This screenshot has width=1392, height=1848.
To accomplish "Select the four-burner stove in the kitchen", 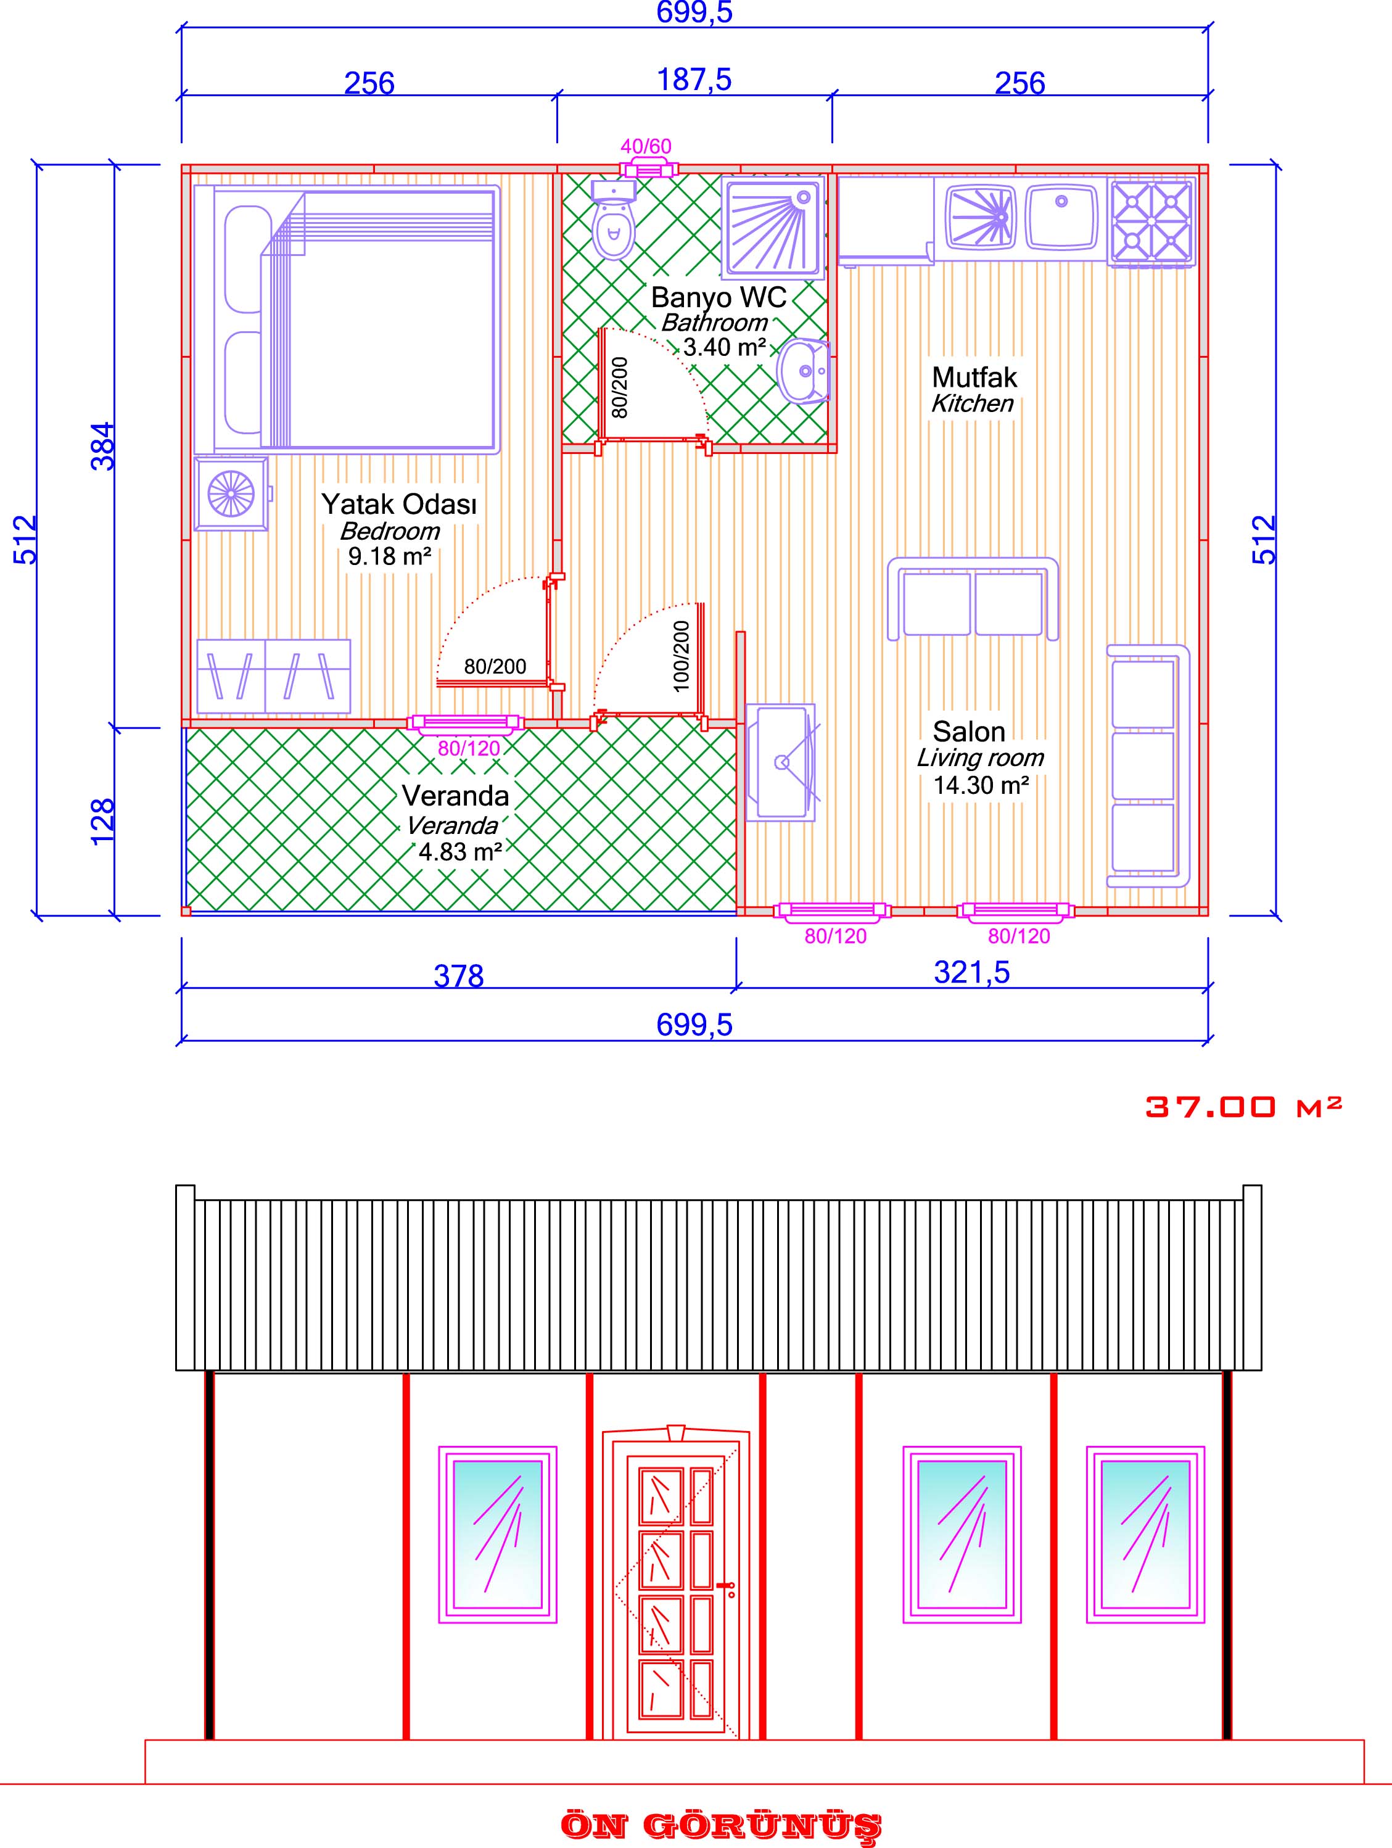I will click(1150, 221).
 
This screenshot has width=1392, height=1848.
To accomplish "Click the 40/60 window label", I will click(646, 147).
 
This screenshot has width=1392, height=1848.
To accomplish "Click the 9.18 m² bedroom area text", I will click(389, 556).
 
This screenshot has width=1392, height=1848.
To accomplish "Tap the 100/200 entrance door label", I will click(681, 656).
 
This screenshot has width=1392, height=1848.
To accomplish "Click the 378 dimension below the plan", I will click(459, 975).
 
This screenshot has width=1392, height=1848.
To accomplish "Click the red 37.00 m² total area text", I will click(1243, 1107).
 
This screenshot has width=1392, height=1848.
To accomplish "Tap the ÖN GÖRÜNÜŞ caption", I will click(720, 1825).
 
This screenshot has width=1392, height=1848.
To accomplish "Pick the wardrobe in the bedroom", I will click(273, 676).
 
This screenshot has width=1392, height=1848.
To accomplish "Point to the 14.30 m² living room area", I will click(980, 785).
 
